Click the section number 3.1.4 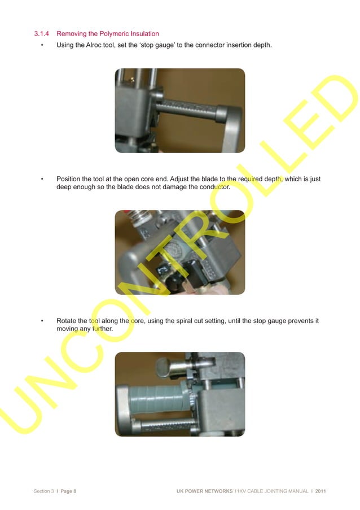(42, 34)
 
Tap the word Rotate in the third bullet (67, 321)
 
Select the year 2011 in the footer (321, 491)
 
